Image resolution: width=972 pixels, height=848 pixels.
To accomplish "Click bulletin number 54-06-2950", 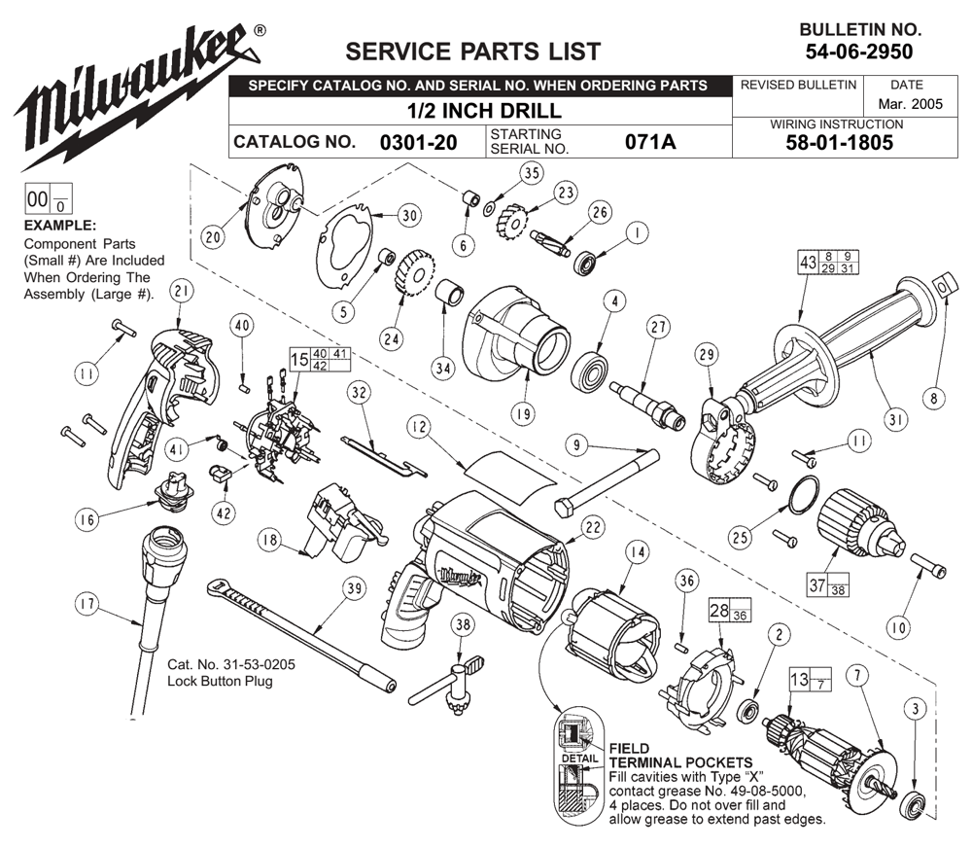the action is [x=859, y=52].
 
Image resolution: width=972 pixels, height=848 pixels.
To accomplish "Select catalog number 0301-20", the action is [x=418, y=143].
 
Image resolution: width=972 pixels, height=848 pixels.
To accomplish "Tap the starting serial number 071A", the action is [x=650, y=142].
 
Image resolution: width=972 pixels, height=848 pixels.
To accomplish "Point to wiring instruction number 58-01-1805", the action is [x=840, y=143].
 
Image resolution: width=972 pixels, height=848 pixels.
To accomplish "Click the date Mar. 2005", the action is [x=910, y=104].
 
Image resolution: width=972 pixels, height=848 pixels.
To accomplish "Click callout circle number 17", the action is [x=87, y=604].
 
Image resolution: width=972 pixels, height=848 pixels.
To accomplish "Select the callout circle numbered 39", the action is [x=354, y=588].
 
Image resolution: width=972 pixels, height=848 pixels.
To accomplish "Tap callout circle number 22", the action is [x=593, y=527].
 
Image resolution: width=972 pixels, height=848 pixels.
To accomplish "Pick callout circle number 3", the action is [x=916, y=709].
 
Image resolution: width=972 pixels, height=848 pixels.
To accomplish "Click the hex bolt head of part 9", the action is [x=566, y=508].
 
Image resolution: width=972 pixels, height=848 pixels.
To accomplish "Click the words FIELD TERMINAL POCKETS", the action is [x=680, y=756].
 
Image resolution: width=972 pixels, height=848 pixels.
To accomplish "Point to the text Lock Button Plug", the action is [x=220, y=681].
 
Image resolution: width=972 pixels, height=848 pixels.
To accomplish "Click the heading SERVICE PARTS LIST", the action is [x=473, y=52].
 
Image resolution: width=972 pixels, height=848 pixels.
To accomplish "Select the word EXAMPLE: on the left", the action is [x=60, y=226].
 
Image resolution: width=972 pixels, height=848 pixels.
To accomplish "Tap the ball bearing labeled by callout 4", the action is [x=593, y=372].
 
